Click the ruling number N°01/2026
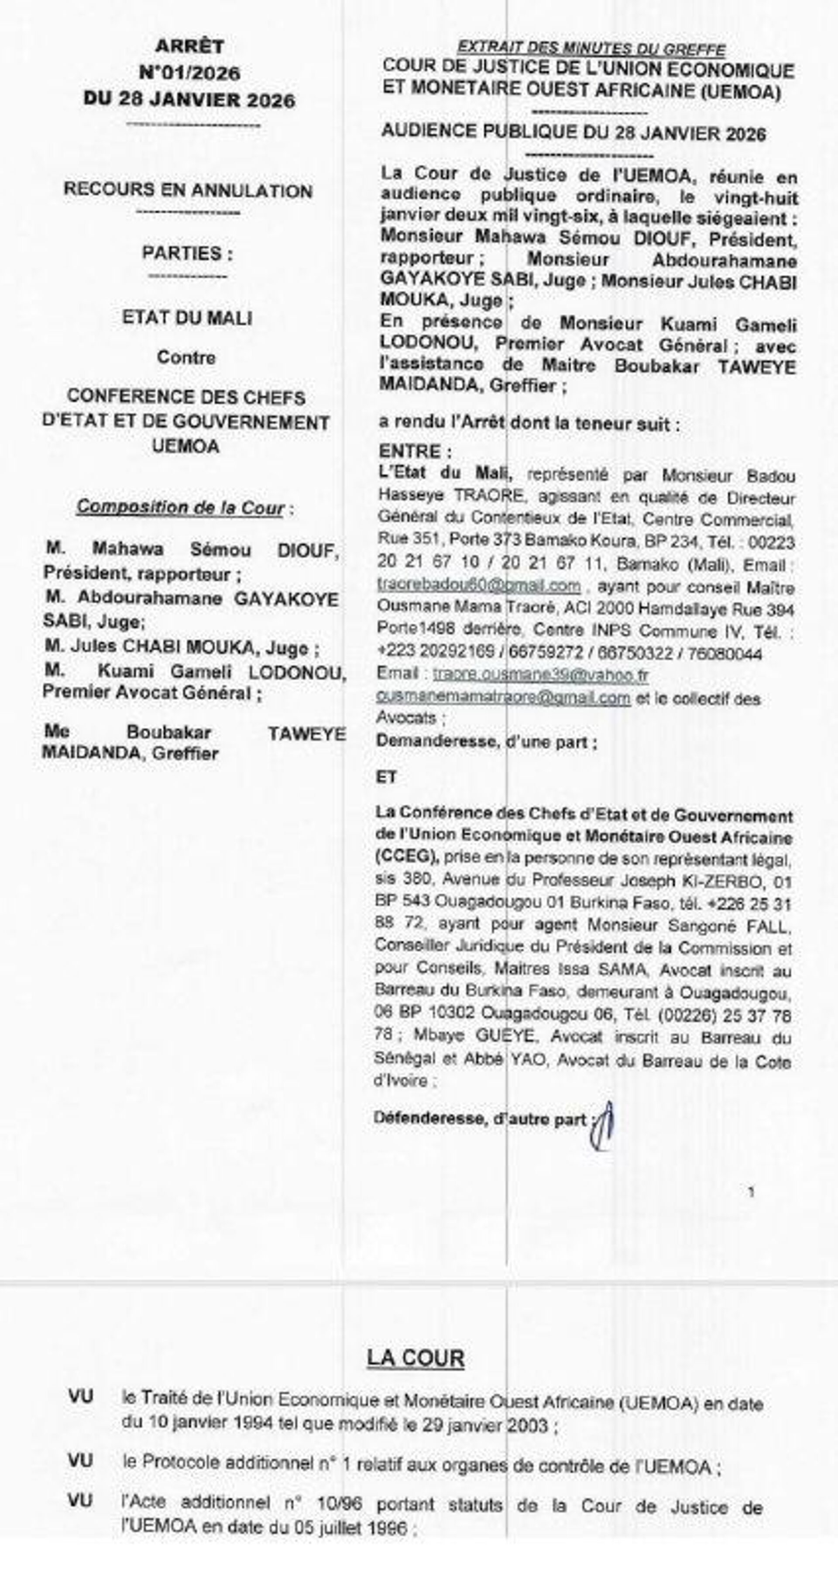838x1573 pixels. pos(189,73)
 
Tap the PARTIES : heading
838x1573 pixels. pos(187,253)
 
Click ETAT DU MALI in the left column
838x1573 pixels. pos(187,318)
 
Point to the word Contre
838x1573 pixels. pos(186,357)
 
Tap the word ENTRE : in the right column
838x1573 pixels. pos(415,451)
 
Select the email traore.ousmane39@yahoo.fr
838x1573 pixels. pos(540,675)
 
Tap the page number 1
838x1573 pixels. pos(751,1193)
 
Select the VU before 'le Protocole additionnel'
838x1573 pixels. pos(81,1461)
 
